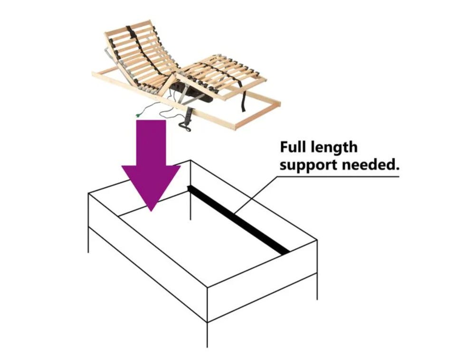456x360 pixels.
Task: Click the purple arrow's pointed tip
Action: pyautogui.click(x=151, y=211)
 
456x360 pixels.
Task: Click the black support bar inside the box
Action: pyautogui.click(x=238, y=219)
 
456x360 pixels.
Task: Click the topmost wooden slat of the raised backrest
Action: pyautogui.click(x=128, y=26)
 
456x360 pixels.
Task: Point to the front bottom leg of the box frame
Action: pyautogui.click(x=207, y=334)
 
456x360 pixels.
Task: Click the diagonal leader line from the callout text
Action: pyautogui.click(x=256, y=194)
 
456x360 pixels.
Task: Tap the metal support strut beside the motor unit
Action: pyautogui.click(x=183, y=96)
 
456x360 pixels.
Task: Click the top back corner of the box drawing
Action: pyautogui.click(x=190, y=160)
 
